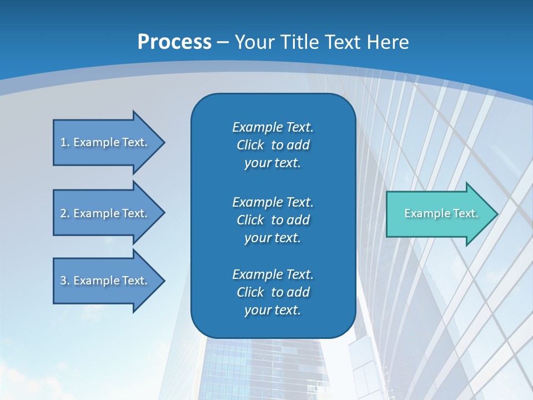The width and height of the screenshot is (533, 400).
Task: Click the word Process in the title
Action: click(x=174, y=42)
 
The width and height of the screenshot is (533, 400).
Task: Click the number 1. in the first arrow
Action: click(x=65, y=142)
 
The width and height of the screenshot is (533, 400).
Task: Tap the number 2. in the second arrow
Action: click(x=65, y=213)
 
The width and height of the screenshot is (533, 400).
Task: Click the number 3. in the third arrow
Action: click(x=65, y=281)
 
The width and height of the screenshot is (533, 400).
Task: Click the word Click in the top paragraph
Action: click(x=250, y=145)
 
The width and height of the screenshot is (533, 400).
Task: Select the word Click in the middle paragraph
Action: click(x=250, y=220)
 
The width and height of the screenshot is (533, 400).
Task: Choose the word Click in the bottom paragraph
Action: click(x=250, y=292)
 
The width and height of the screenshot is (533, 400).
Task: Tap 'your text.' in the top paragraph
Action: click(x=273, y=163)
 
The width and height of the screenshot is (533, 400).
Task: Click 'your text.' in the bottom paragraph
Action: click(x=273, y=311)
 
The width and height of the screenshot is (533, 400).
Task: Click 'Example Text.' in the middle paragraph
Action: click(x=273, y=202)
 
